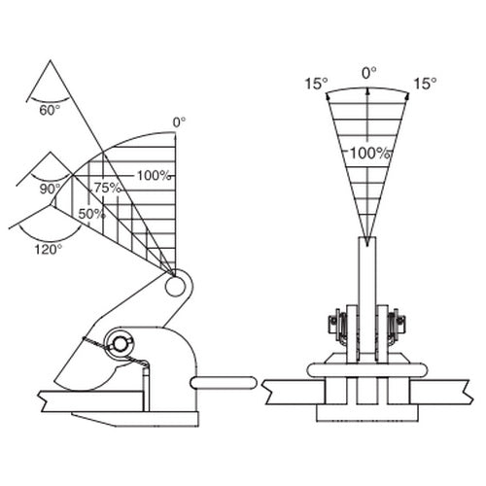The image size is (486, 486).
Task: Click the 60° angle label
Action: pos(50,111)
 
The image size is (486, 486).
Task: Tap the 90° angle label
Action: pos(51,189)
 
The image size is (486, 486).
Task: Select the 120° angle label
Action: pos(49,250)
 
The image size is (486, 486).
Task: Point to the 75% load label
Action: pos(108,188)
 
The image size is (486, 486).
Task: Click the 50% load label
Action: pos(92,214)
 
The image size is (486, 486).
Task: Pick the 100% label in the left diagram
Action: pos(154,176)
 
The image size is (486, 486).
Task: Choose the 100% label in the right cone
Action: pos(369,153)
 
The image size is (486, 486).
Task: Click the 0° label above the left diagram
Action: pos(179,122)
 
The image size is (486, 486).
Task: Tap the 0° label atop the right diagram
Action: pos(369,73)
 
